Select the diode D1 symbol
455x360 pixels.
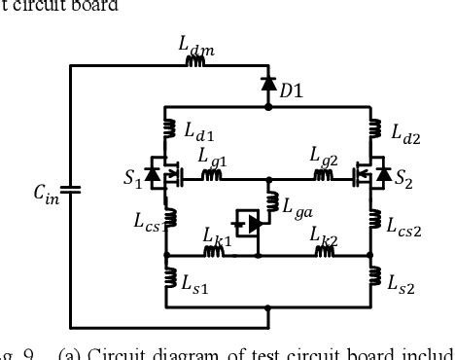268,85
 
